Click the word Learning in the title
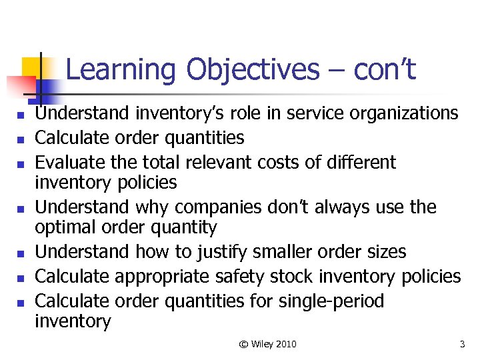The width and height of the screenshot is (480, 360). tap(122, 70)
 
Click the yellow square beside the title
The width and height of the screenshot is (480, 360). tap(34, 67)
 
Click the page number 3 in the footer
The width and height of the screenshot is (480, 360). tap(462, 344)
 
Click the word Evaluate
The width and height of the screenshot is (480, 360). tap(64, 162)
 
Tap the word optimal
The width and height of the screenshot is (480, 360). tap(65, 227)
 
